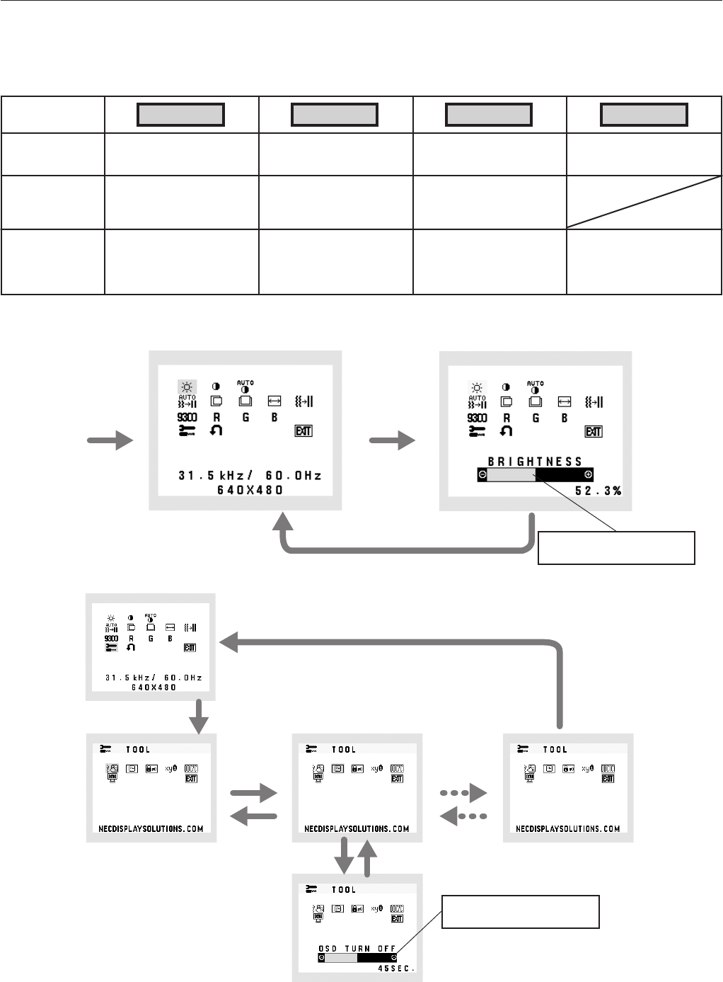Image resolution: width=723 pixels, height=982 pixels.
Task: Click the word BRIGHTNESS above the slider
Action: click(535, 462)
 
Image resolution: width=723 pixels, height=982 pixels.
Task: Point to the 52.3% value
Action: click(598, 490)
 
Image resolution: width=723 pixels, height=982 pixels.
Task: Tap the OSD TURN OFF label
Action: click(357, 948)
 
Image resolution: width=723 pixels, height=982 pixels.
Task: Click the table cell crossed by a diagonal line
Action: click(644, 202)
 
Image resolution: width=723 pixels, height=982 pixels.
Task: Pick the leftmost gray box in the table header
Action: click(181, 115)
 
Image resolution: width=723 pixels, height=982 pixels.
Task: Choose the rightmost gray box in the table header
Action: click(644, 115)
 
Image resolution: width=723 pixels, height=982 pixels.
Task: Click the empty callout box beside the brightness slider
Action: click(616, 547)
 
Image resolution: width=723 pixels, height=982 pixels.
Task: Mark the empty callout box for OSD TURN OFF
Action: click(521, 911)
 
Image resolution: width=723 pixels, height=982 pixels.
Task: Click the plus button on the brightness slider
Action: click(588, 474)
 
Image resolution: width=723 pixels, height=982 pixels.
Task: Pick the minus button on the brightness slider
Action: click(482, 474)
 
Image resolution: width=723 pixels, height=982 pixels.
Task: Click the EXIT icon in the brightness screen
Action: click(593, 431)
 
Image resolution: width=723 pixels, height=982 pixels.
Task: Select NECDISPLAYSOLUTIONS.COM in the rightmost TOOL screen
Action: click(568, 828)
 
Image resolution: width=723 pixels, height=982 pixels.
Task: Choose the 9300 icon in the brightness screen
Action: click(478, 418)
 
